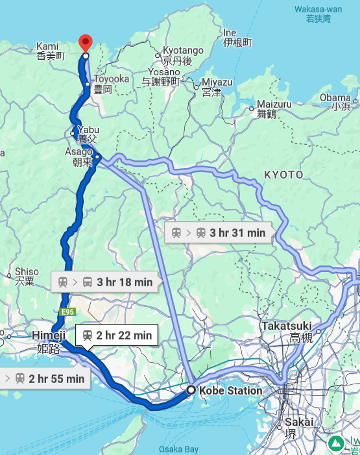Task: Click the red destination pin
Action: (85, 43)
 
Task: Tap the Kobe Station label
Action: (230, 391)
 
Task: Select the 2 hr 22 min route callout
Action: (117, 335)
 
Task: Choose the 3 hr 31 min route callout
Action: (217, 232)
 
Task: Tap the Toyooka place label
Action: (102, 84)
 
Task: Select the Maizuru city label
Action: (274, 108)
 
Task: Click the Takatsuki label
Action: (287, 331)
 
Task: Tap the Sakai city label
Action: (299, 426)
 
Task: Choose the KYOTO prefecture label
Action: (283, 175)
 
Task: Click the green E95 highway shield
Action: (67, 312)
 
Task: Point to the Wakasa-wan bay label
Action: (318, 14)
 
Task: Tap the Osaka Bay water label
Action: (178, 449)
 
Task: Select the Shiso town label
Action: (26, 276)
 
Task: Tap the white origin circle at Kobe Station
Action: (191, 390)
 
